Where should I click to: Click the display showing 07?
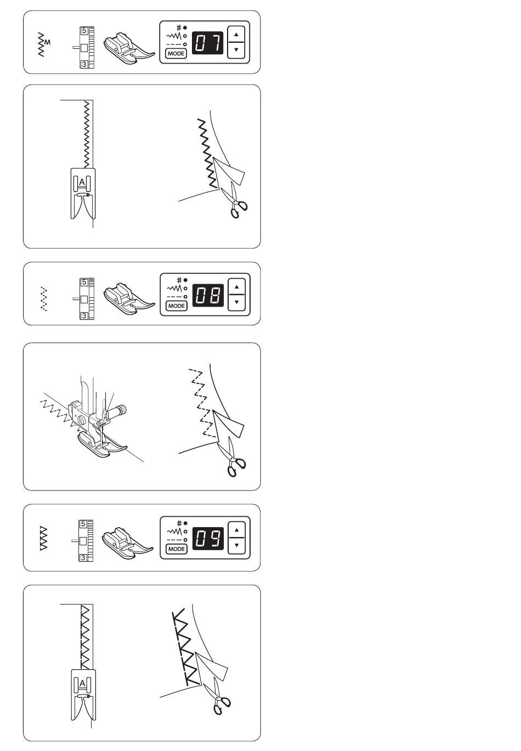click(x=207, y=43)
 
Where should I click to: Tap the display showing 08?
click(x=208, y=295)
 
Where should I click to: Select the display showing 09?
click(x=208, y=538)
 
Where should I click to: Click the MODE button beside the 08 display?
click(x=177, y=306)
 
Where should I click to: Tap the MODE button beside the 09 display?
click(x=177, y=549)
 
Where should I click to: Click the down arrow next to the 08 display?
click(x=237, y=302)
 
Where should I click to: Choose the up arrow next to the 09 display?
click(x=237, y=530)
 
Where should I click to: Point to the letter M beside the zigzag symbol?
click(x=48, y=42)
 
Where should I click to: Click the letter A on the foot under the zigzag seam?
click(x=82, y=182)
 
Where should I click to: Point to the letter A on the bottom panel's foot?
click(x=82, y=683)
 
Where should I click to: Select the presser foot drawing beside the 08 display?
click(x=129, y=298)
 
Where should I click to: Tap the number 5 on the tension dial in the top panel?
click(x=84, y=31)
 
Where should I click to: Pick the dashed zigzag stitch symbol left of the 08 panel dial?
click(x=43, y=299)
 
